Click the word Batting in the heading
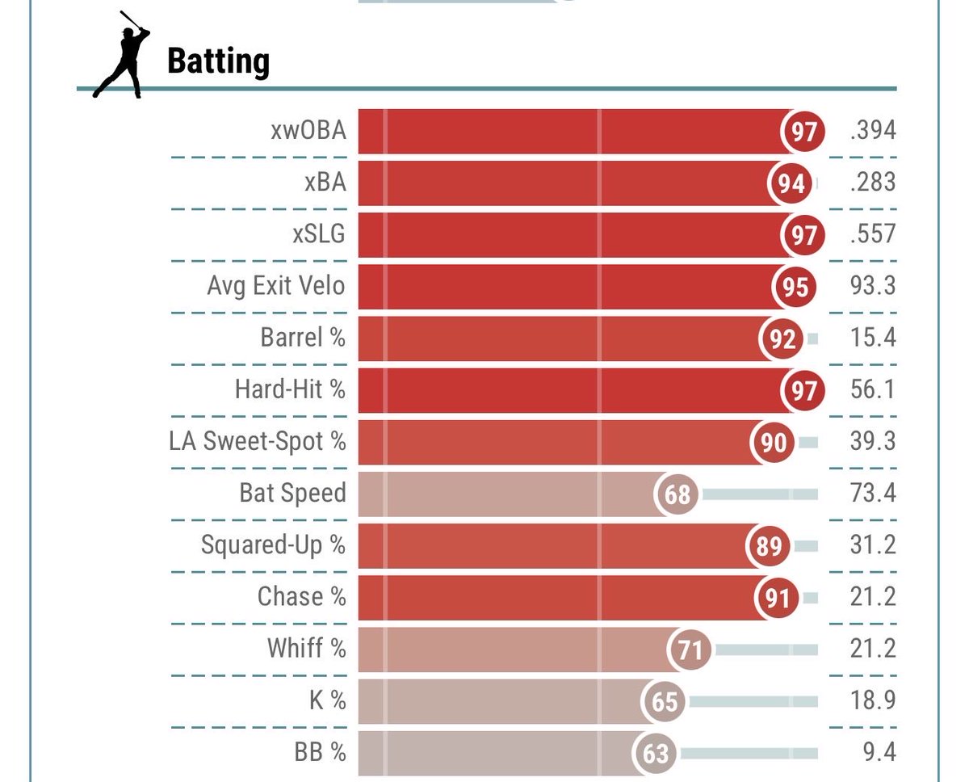(218, 61)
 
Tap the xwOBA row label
(308, 130)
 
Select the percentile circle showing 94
(791, 183)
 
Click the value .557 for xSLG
(872, 234)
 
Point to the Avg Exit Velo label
(276, 286)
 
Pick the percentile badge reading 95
(795, 287)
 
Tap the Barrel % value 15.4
(873, 338)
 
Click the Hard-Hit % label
(290, 389)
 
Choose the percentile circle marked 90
(774, 442)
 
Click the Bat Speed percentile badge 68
(677, 494)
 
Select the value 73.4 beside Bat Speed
(873, 493)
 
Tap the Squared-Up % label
(273, 545)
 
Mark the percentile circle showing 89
(769, 545)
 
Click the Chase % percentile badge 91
(777, 597)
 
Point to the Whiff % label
(306, 649)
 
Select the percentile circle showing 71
(690, 650)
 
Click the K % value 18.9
(873, 700)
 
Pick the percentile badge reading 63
(656, 753)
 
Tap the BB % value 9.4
(879, 753)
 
